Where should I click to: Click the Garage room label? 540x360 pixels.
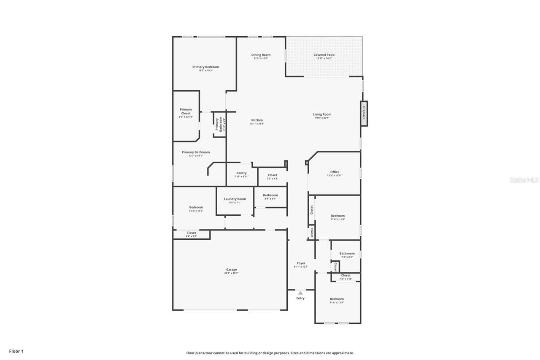[x=231, y=270]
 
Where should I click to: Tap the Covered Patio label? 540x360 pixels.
[x=324, y=55]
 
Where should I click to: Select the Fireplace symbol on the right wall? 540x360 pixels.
[x=364, y=113]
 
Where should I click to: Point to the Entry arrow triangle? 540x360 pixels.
[x=300, y=292]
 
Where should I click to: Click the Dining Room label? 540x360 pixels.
[x=261, y=55]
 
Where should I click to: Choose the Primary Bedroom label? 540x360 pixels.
[x=205, y=67]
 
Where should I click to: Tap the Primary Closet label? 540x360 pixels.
[x=186, y=111]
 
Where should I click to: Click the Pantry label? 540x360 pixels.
[x=241, y=173]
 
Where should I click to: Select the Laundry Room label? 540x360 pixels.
[x=235, y=199]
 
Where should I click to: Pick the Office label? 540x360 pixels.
[x=335, y=172]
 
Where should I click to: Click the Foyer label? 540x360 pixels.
[x=301, y=263]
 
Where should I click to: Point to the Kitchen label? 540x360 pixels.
[x=257, y=120]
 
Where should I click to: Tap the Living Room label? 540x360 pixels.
[x=322, y=114]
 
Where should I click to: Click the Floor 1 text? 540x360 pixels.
[x=16, y=351]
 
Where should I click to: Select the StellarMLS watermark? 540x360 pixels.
[x=524, y=180]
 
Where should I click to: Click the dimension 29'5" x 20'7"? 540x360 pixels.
[x=231, y=273]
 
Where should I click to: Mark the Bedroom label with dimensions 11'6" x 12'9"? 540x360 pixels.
[x=337, y=299]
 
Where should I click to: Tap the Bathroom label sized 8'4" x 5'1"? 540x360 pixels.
[x=270, y=195]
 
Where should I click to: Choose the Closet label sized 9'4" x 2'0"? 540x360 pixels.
[x=191, y=233]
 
